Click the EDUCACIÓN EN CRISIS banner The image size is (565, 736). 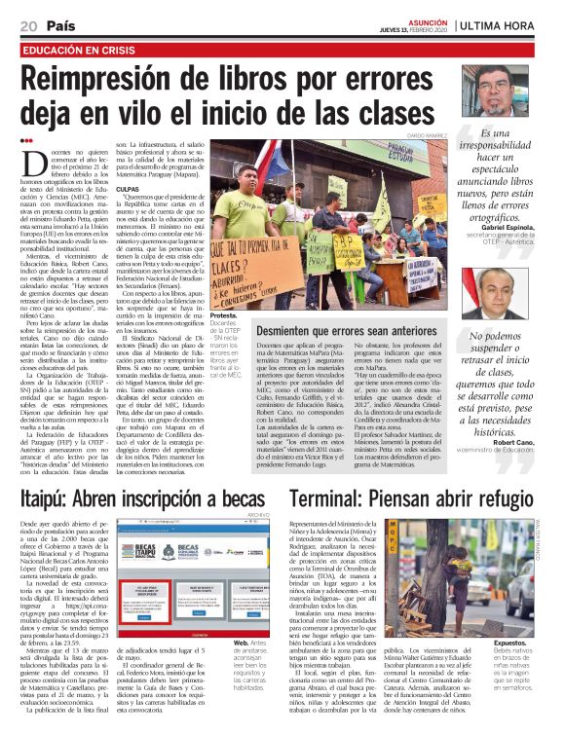pos(80,49)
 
